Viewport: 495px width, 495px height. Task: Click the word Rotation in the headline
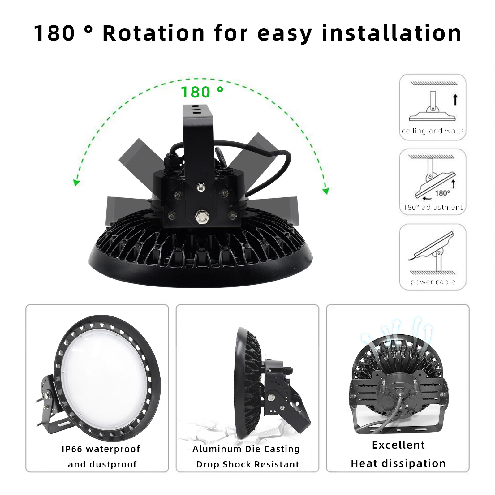pos(153,33)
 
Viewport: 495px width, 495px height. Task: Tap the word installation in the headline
pos(391,33)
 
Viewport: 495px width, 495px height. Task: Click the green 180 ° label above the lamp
pos(202,92)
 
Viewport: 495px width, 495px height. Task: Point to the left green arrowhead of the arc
pos(76,182)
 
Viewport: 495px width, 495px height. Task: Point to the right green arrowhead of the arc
pos(325,191)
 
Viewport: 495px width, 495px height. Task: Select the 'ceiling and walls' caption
pos(433,131)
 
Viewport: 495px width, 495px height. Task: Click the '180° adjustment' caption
pos(433,207)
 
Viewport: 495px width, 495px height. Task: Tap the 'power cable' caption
pos(433,282)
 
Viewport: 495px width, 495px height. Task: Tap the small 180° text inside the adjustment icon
pos(442,193)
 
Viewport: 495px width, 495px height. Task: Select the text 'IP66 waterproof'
pos(101,449)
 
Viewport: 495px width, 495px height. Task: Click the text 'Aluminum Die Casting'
pos(246,449)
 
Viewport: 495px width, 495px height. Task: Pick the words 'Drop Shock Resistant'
pos(248,464)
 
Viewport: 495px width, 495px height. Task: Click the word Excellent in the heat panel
pos(398,445)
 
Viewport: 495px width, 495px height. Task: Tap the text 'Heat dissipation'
pos(398,463)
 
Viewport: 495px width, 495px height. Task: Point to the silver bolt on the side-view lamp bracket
pos(271,397)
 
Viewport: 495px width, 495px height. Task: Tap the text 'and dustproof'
pos(102,464)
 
